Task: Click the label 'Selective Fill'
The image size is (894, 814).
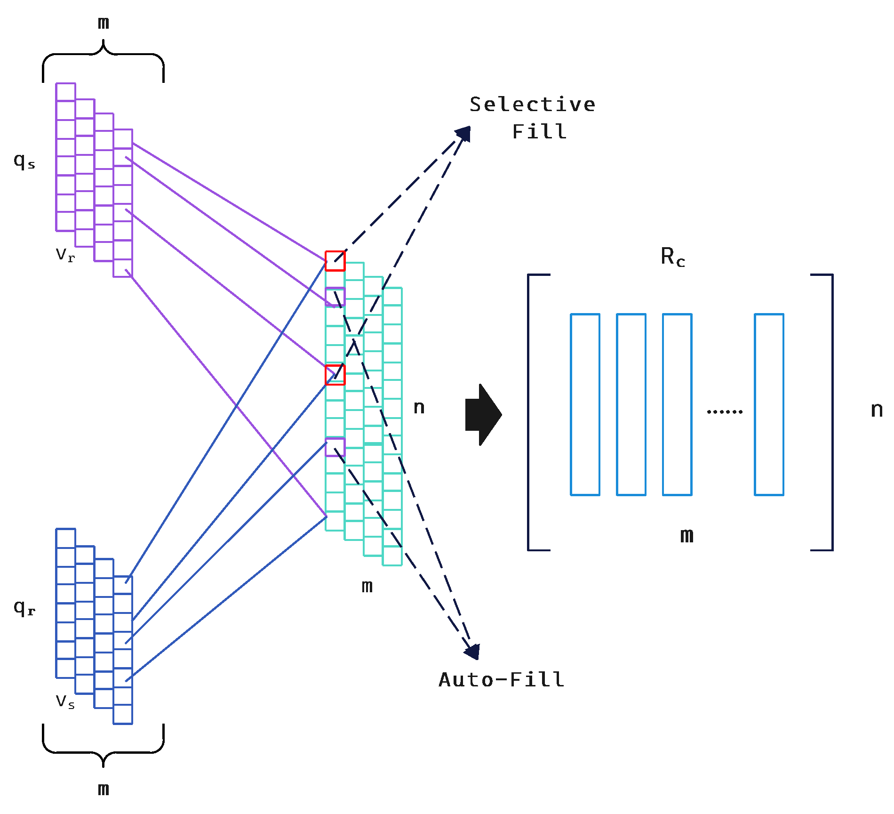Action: (x=533, y=118)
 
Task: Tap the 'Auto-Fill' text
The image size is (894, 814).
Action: (x=502, y=680)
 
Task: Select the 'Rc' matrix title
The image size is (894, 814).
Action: (x=672, y=257)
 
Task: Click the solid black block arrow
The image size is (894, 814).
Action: (x=483, y=415)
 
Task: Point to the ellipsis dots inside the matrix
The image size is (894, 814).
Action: (x=725, y=411)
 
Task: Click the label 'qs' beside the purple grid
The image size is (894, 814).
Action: (x=24, y=161)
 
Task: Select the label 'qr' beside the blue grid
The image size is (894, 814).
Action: (x=24, y=608)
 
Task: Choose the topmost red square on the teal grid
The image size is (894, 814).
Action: (x=335, y=261)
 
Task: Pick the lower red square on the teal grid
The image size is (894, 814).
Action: (x=335, y=375)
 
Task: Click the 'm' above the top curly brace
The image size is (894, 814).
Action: (x=104, y=23)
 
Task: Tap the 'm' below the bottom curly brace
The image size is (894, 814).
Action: (x=104, y=789)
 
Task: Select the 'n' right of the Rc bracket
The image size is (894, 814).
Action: (x=877, y=410)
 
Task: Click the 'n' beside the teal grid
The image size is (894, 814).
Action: (x=419, y=407)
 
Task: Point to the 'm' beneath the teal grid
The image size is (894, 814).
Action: (x=367, y=586)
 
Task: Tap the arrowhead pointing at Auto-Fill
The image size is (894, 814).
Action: (x=472, y=652)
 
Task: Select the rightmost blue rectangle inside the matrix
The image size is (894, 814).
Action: (x=769, y=404)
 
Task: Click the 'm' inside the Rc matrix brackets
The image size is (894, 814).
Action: (x=686, y=535)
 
